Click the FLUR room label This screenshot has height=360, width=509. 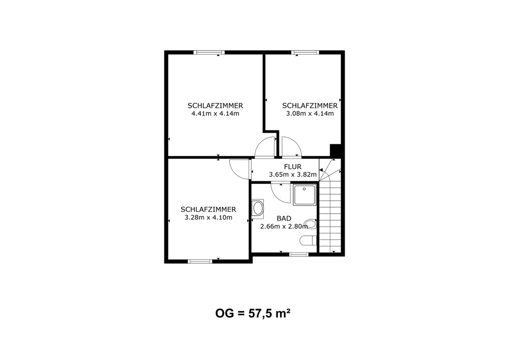pos(293,167)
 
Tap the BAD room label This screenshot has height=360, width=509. pos(284,219)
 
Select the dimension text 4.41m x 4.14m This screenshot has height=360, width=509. pos(215,114)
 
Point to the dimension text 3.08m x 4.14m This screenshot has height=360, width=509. pos(309,114)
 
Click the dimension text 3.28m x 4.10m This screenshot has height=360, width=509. pos(208,217)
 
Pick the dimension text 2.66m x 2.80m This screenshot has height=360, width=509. pos(284,227)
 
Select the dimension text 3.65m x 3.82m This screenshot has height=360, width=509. pos(293,175)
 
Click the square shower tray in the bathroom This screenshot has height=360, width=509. pos(305,195)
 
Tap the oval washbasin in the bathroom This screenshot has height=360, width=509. pos(258,209)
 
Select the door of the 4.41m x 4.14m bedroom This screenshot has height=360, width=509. pos(265,147)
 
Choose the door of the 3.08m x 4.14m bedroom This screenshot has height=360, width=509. pos(292,147)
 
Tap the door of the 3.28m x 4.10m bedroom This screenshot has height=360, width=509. pos(240,169)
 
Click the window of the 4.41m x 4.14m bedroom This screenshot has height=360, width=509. pos(209,52)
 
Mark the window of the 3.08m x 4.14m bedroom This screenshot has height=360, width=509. pos(305,52)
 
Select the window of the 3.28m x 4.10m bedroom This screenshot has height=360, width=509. pos(200,261)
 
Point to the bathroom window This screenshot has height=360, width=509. pos(299,254)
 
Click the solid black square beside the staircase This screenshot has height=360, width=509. pos(335,151)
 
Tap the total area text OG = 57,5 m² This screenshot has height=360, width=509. pos(252,314)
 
